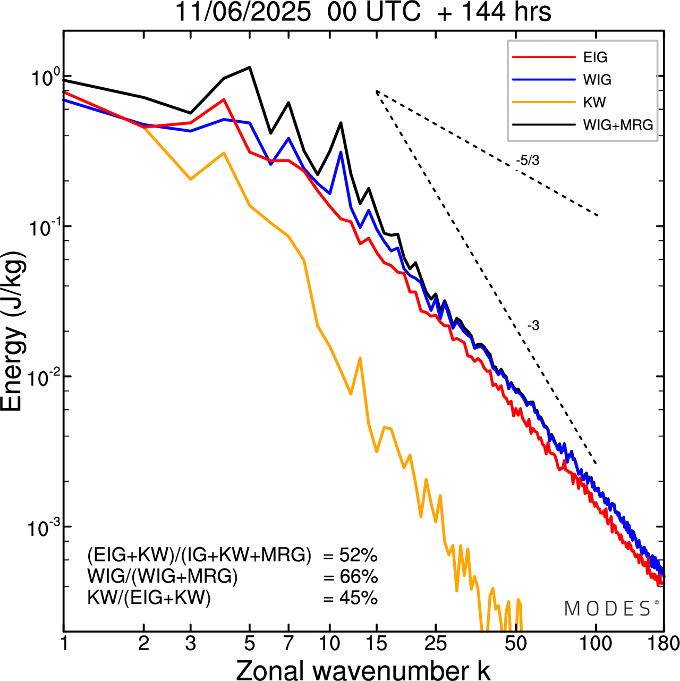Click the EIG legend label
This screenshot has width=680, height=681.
point(595,57)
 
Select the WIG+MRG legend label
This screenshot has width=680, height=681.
point(618,125)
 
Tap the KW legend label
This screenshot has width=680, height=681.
point(594,102)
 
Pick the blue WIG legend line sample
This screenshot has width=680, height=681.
point(543,80)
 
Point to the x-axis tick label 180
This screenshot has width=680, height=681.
point(664,643)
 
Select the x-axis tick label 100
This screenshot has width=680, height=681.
point(596,643)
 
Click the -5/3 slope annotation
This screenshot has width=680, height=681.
point(528,160)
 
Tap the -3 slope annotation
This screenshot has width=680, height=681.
point(533,326)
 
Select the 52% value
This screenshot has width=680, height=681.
point(358,556)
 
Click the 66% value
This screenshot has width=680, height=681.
point(358,577)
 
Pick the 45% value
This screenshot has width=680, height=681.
point(358,599)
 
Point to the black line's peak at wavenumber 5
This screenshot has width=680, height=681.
point(250,68)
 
